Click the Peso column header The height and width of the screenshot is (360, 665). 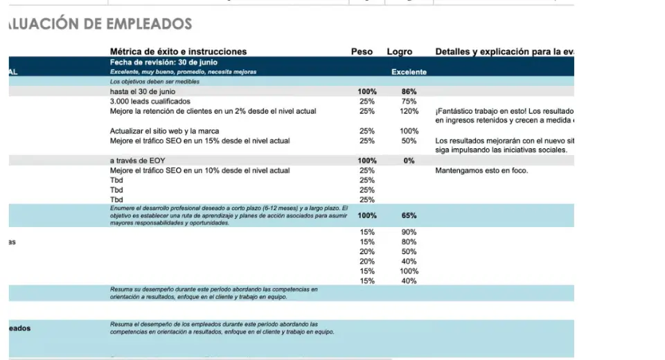362,52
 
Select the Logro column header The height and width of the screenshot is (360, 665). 400,52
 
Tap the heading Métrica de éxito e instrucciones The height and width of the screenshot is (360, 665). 178,52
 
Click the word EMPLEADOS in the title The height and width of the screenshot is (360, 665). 148,25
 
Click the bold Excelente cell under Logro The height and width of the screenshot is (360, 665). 409,72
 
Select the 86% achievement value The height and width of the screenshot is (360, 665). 409,91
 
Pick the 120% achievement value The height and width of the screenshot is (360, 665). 409,111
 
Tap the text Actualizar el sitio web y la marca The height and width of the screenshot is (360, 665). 166,131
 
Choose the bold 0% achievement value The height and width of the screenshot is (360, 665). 409,161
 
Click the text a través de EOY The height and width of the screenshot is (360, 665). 138,161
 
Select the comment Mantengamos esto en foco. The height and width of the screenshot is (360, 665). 481,170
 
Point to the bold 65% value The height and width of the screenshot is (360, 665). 409,215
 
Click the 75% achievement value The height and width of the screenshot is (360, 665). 409,101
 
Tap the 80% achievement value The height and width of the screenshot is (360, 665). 409,242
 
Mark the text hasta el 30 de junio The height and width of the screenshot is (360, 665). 143,91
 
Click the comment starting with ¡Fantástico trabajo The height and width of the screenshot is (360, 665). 504,111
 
